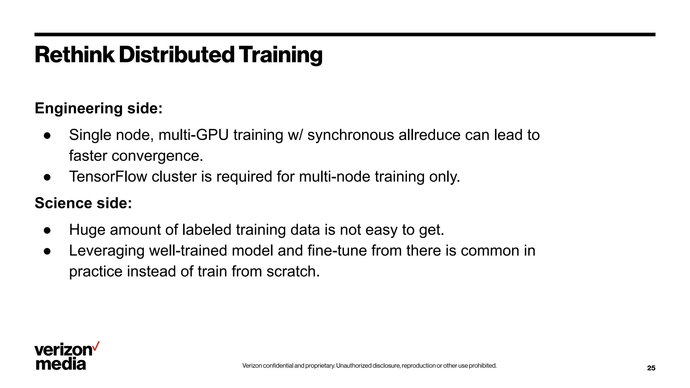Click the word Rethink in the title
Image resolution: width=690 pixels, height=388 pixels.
click(74, 55)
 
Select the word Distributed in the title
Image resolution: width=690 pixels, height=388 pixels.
click(177, 55)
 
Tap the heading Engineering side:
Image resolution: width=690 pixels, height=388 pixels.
click(99, 108)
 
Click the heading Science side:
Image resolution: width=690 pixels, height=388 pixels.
click(83, 203)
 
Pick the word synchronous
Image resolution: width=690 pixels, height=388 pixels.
click(350, 135)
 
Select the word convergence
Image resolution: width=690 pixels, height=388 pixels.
click(157, 156)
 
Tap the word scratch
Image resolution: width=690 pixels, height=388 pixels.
click(293, 272)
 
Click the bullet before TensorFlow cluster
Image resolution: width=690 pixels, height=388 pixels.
click(47, 177)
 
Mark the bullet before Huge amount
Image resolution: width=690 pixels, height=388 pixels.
click(47, 230)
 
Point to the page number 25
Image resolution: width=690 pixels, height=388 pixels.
click(651, 368)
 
